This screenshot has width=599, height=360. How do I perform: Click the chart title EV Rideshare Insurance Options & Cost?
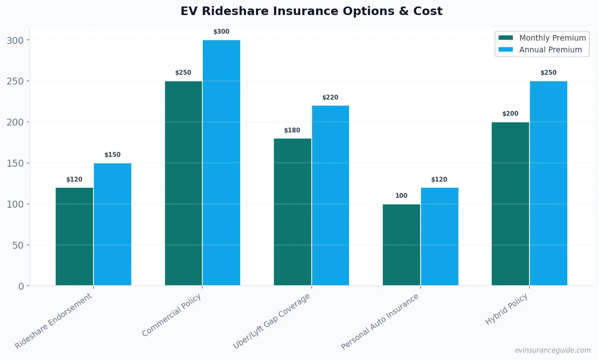point(311,11)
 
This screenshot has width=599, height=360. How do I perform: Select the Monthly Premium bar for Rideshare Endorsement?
point(74,236)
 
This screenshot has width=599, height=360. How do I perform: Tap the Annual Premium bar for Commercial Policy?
point(221,163)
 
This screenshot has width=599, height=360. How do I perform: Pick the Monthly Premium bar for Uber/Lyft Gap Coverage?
point(292,212)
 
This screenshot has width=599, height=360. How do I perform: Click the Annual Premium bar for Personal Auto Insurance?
point(439,236)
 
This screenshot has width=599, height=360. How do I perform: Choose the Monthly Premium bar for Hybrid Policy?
point(510,204)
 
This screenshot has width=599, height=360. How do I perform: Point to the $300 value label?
point(221,32)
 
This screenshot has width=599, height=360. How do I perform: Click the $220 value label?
point(330,98)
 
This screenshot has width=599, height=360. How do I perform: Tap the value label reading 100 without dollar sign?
point(401,196)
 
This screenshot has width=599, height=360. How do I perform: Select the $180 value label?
point(292,130)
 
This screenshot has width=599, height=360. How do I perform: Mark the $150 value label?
point(113,155)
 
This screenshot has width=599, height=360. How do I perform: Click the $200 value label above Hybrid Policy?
point(510,114)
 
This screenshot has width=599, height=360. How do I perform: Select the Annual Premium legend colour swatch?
point(506,50)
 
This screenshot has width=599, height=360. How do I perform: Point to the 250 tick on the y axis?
point(15,81)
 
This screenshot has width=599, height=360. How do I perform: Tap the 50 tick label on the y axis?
point(17,245)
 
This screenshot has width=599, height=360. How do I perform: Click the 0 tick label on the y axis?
point(21,286)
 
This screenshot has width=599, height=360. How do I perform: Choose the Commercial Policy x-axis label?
point(171,315)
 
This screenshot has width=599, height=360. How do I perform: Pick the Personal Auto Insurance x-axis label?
point(380,321)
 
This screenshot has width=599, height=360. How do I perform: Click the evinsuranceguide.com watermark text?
point(552,350)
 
